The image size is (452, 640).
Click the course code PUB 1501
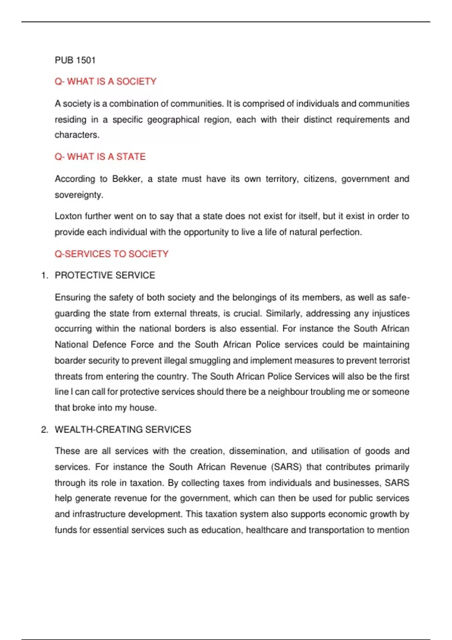[x=75, y=60]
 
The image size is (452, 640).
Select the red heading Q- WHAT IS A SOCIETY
[x=105, y=82]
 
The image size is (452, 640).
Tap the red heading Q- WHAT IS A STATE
[x=100, y=157]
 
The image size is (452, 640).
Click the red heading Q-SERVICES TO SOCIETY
[x=111, y=254]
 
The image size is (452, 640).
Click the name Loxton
[x=68, y=216]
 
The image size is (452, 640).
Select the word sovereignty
[x=78, y=195]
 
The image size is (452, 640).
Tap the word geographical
[x=173, y=120]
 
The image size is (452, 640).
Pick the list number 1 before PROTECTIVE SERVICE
[x=44, y=276]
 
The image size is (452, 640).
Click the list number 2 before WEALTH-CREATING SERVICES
[x=44, y=430]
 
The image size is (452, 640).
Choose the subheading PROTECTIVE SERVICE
[x=105, y=276]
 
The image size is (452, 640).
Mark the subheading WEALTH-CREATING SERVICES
[x=123, y=430]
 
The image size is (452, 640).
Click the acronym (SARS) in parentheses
[x=286, y=467]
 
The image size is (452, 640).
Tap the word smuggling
[x=209, y=361]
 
